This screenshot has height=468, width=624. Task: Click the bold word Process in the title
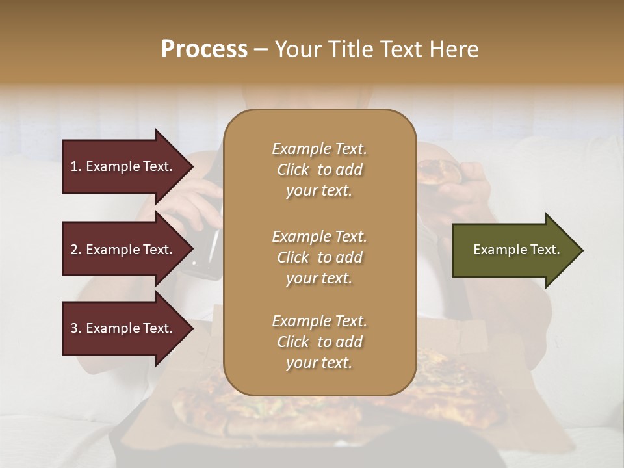(204, 49)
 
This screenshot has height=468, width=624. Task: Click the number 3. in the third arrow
(75, 328)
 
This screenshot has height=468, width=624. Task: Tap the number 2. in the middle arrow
(75, 250)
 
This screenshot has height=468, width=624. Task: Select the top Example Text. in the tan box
(319, 149)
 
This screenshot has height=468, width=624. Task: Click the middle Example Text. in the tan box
(319, 236)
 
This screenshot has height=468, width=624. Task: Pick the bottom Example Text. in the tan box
(319, 321)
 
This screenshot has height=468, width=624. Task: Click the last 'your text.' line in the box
(319, 363)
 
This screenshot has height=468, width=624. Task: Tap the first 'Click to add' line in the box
(319, 170)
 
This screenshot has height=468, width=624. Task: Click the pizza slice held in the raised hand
(439, 172)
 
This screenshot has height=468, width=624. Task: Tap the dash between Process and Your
(261, 49)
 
